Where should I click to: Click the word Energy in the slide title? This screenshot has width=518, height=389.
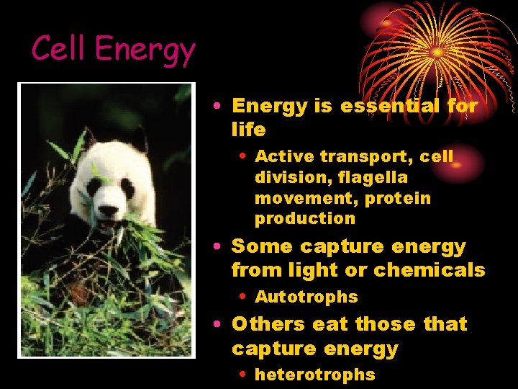[145, 50]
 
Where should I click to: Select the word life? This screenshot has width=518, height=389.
[248, 130]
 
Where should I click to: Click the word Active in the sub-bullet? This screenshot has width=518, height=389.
[285, 156]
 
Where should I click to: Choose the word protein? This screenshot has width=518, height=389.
[399, 198]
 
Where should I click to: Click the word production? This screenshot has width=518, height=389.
[305, 218]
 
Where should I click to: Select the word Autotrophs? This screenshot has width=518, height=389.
[306, 297]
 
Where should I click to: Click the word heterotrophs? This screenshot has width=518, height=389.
[315, 375]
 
